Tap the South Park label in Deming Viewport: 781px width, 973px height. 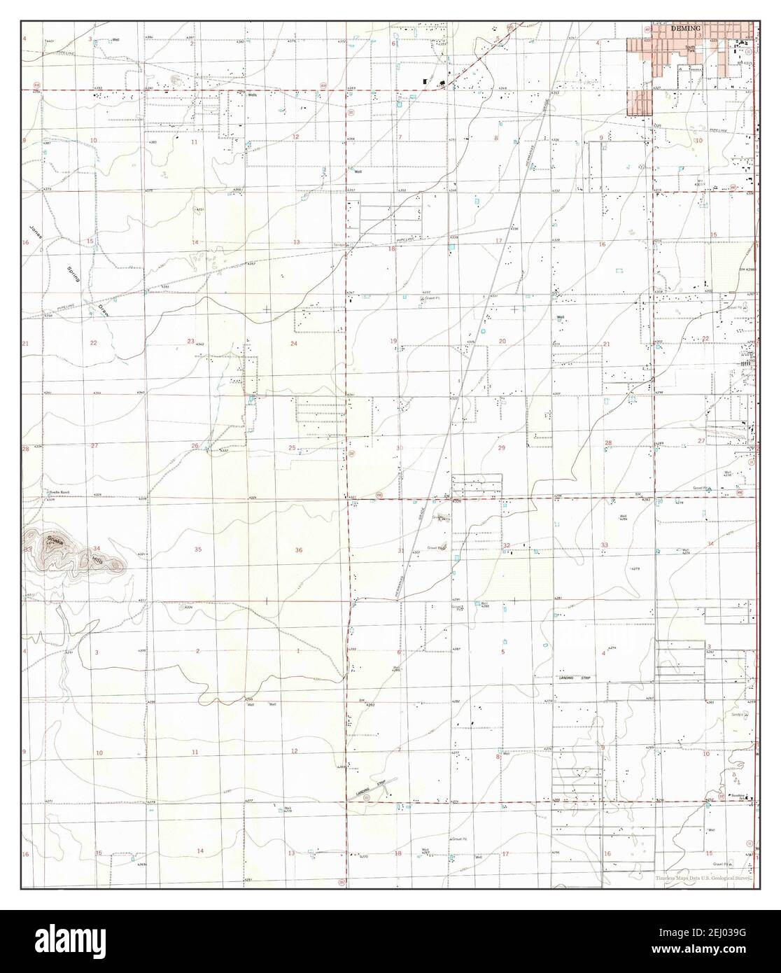tap(691, 48)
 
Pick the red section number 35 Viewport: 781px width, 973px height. tap(197, 549)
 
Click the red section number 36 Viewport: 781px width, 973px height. tap(298, 549)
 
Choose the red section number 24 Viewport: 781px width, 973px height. tap(294, 344)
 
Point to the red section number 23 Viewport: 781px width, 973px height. tap(190, 341)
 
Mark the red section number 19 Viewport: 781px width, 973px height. tap(393, 341)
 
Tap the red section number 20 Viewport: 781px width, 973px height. tap(502, 341)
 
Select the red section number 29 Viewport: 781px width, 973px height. tap(501, 447)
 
